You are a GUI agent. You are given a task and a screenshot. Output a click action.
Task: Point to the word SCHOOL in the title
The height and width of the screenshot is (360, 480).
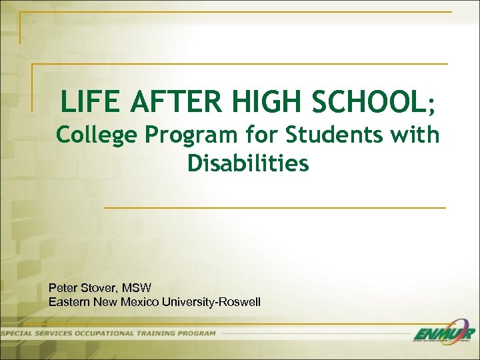(x=359, y=102)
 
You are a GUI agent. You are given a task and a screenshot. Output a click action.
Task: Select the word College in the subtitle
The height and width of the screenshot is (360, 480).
(x=96, y=135)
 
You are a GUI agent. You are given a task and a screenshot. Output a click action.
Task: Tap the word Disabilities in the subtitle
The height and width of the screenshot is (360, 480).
(x=248, y=163)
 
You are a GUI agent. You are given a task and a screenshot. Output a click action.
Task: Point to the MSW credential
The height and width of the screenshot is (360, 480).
(x=138, y=288)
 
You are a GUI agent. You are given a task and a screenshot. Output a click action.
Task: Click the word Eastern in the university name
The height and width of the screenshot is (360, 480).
(x=70, y=302)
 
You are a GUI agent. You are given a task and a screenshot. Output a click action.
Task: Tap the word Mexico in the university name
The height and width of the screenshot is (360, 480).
(x=143, y=302)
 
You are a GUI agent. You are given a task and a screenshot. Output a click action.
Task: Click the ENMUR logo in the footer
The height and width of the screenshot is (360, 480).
(x=443, y=333)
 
